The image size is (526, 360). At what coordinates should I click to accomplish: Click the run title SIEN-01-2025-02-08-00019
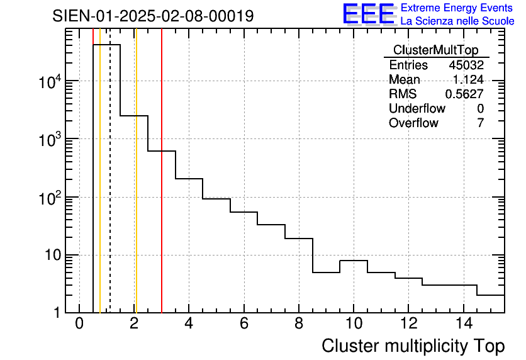(x=153, y=16)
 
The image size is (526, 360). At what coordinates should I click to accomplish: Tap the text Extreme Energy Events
(x=457, y=8)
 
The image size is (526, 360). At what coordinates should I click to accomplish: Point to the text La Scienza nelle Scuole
(x=457, y=21)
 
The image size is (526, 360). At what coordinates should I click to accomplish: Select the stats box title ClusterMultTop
(x=435, y=50)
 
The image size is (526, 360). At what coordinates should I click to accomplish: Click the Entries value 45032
(x=466, y=65)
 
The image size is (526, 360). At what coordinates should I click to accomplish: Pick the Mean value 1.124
(x=468, y=80)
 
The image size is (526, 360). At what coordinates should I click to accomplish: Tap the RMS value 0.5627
(x=464, y=94)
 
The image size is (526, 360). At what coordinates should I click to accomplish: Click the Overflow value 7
(x=480, y=123)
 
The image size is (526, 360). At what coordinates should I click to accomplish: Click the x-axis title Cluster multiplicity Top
(x=413, y=346)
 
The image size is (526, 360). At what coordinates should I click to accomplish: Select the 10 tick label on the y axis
(x=52, y=255)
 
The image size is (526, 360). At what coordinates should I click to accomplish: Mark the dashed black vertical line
(x=110, y=189)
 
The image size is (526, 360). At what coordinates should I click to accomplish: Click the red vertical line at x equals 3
(x=162, y=189)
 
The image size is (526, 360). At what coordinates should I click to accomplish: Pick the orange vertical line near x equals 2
(x=135, y=189)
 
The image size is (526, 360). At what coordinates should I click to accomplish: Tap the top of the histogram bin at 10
(x=354, y=261)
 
